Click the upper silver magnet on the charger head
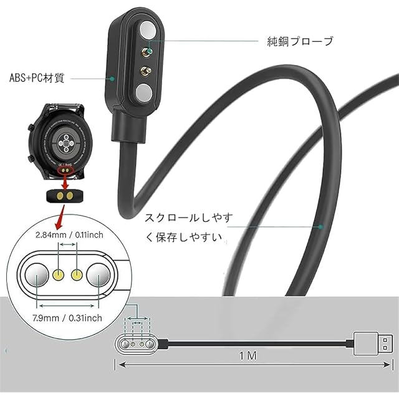tap(146, 31)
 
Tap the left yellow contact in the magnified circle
tap(60, 273)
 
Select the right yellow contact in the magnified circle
tap(77, 273)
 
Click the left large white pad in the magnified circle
tap(36, 274)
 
